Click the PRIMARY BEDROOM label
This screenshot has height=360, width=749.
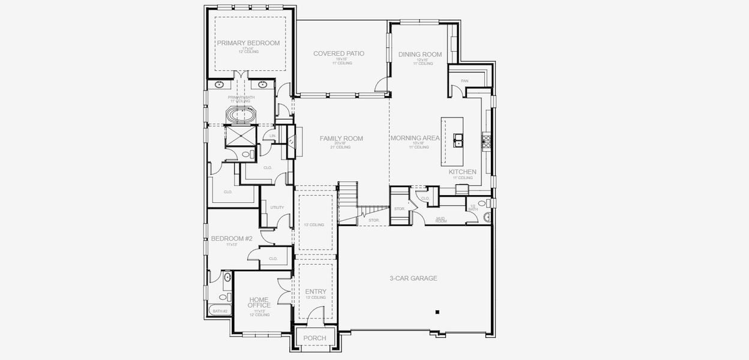coord(248,43)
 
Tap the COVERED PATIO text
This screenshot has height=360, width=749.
coord(338,53)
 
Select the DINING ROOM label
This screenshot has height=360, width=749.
coord(420,55)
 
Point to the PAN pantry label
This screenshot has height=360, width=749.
coord(465,81)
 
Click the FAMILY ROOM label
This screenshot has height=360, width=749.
coord(341,139)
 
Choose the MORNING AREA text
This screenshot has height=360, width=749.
coord(415,138)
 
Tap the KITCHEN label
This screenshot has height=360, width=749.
coord(462,172)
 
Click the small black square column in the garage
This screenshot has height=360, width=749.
coord(438,312)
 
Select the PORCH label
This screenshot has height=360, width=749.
coord(314,338)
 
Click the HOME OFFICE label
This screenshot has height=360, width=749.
coord(259,302)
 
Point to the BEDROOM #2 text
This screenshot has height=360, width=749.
coord(232,239)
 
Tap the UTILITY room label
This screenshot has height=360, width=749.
coord(277,208)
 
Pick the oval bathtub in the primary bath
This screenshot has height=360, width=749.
coord(239,115)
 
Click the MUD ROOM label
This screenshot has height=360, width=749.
coord(441,220)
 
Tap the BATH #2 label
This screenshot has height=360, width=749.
coord(220,311)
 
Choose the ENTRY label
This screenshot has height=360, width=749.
coord(315,292)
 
